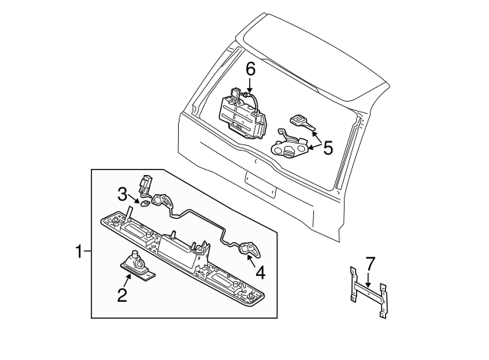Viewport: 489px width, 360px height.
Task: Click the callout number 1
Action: tap(78, 250)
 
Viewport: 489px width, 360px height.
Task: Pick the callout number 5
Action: tap(327, 148)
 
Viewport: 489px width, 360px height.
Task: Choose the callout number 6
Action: tap(250, 70)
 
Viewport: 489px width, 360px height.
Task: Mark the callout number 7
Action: tap(370, 264)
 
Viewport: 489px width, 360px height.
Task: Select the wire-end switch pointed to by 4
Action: tap(250, 248)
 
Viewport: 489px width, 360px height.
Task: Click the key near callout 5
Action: tap(299, 122)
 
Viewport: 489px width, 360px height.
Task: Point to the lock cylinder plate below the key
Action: tap(290, 143)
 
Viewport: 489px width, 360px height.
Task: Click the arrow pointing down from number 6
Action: tap(250, 86)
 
